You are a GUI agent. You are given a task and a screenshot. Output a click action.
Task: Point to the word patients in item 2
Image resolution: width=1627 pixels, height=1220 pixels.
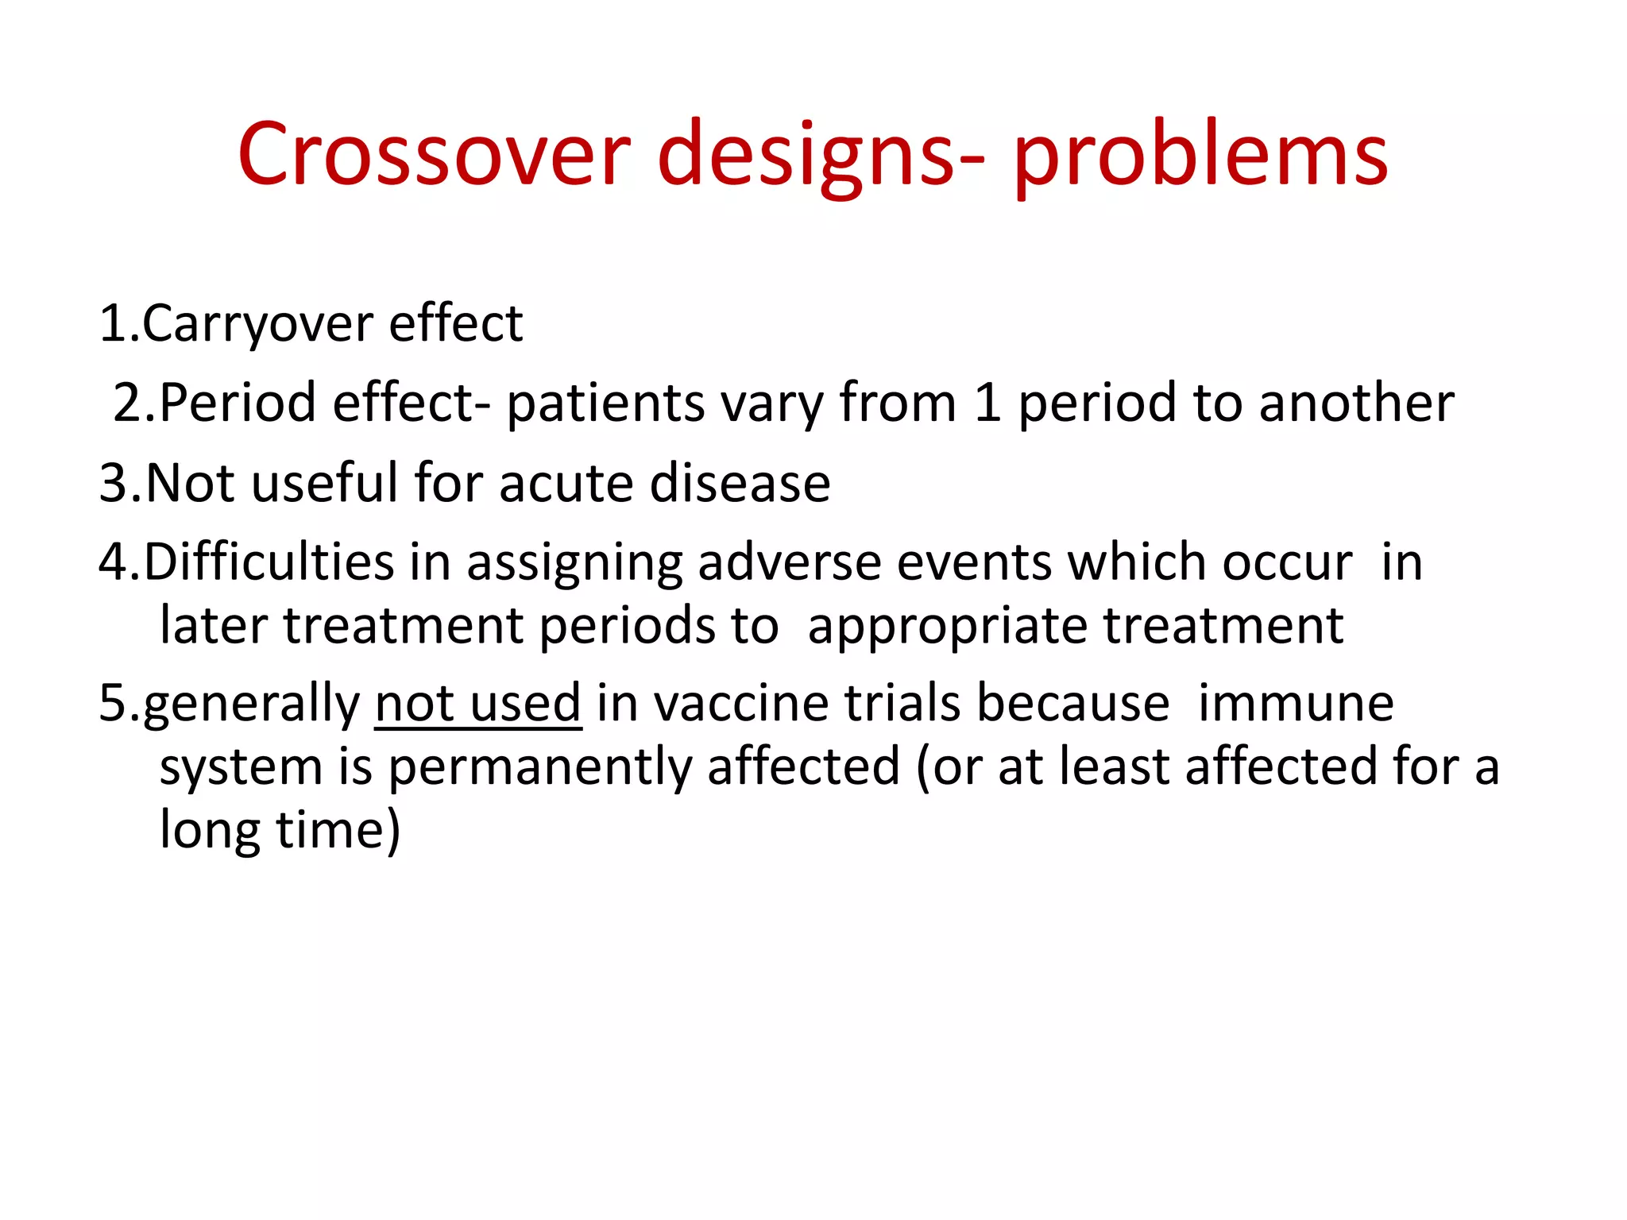coord(605,403)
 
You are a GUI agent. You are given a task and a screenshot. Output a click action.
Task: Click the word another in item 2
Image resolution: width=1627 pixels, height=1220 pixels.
coord(1356,403)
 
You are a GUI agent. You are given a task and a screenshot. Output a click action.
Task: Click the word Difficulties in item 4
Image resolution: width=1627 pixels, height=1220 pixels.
coord(269,562)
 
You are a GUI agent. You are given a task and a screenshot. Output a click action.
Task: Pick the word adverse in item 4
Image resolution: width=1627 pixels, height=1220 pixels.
coord(789,562)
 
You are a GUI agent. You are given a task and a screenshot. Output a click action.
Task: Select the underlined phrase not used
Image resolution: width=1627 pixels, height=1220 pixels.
coord(477,704)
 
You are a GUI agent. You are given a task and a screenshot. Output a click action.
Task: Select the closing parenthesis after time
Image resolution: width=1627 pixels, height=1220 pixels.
coord(392,831)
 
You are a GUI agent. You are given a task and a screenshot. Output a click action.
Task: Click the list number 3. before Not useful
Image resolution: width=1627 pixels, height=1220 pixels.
coord(120,483)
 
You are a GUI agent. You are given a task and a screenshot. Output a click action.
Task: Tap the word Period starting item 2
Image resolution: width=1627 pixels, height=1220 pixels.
coord(238,403)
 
